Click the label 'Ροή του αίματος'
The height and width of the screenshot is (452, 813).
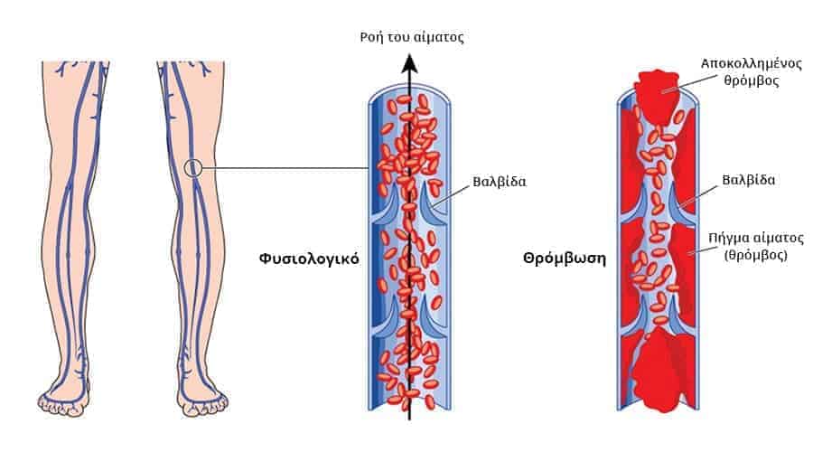[x=411, y=37]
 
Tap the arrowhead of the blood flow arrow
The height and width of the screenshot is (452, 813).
[x=409, y=62]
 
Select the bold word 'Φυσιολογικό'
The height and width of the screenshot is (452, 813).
[x=309, y=258]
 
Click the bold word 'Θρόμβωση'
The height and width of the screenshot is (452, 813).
[x=564, y=258]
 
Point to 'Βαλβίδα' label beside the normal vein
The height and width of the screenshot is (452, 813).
[x=499, y=181]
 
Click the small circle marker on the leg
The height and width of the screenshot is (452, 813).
[x=192, y=167]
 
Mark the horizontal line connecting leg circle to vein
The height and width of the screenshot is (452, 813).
[x=289, y=167]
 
